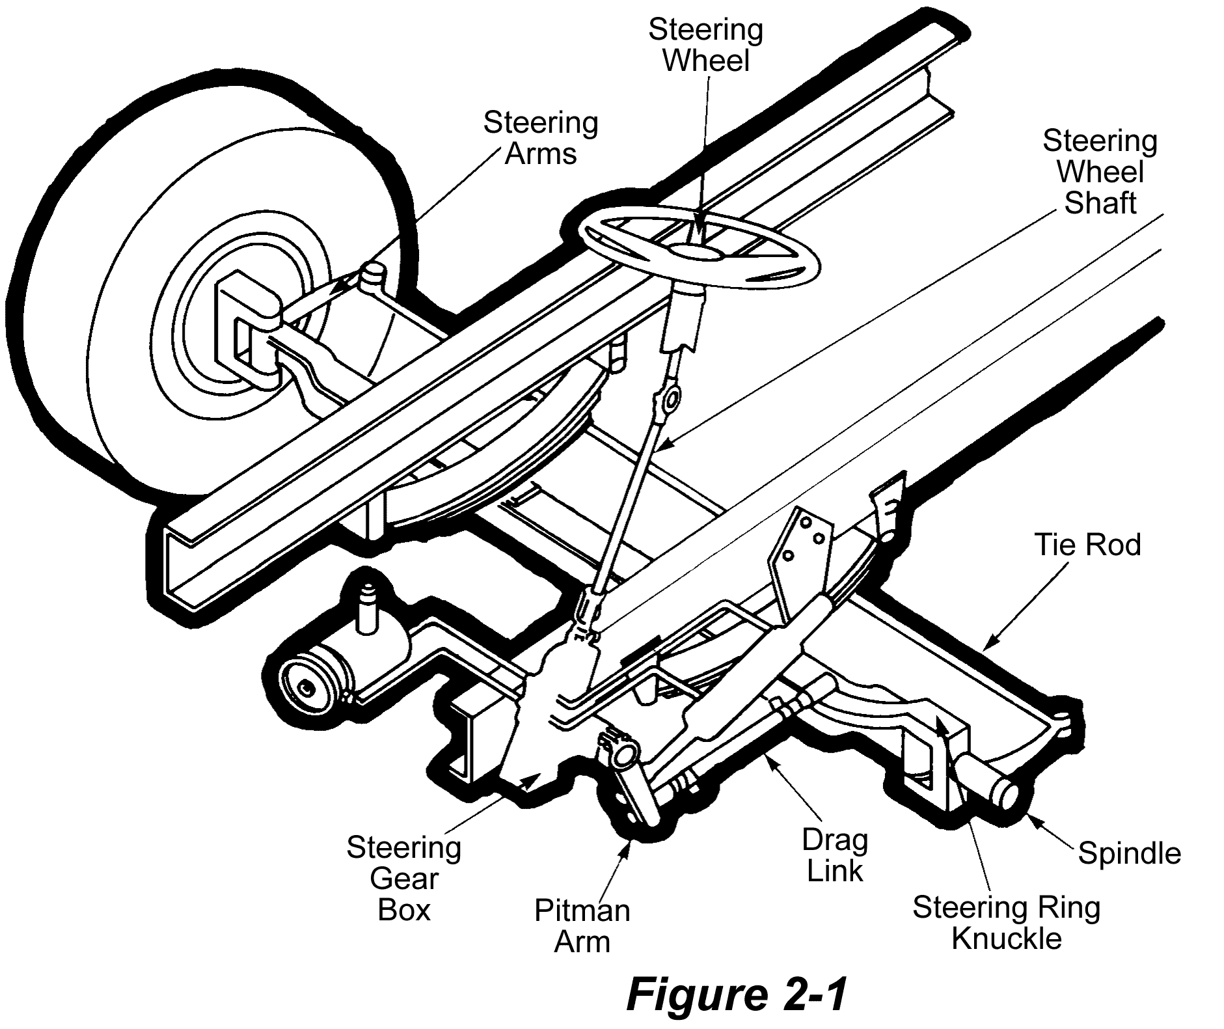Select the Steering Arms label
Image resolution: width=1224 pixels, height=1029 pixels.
click(540, 139)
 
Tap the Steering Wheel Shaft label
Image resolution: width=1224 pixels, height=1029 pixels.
click(1100, 172)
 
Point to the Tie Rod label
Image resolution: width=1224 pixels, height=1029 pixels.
click(1087, 545)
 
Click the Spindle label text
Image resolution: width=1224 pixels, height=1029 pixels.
click(1129, 853)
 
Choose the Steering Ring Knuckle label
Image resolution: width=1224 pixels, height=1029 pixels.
click(1006, 923)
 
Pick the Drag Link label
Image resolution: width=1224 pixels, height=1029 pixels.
click(835, 855)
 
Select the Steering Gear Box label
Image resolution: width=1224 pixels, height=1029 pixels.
click(403, 879)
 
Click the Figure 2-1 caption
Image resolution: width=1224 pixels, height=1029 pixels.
click(737, 995)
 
